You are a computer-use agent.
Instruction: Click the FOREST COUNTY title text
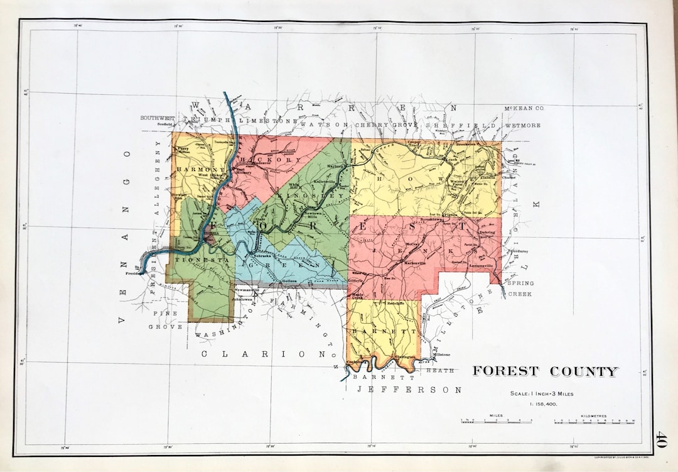[545, 371]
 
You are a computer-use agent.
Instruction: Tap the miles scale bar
[496, 420]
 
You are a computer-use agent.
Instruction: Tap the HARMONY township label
[200, 170]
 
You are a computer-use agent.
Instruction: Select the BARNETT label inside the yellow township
[375, 331]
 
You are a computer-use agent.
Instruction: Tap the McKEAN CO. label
[524, 109]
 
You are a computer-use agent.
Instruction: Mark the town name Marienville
[415, 262]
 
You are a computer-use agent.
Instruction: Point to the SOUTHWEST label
[156, 118]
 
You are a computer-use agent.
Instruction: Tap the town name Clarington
[405, 357]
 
